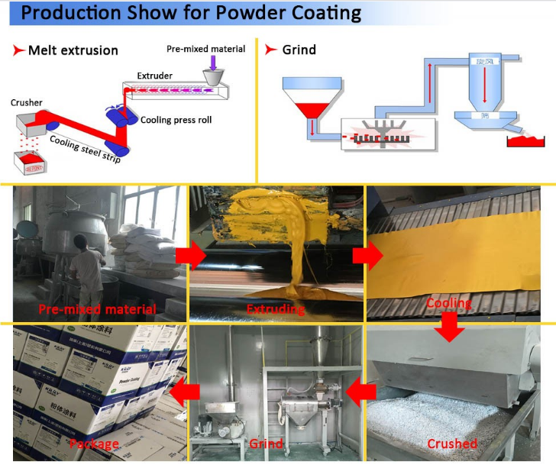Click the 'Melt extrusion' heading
pos(73,50)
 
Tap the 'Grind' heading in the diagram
pos(299,50)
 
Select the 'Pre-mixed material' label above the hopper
pos(206,49)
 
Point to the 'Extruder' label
pos(154,76)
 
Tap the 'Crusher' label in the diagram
pos(27,103)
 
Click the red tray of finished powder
pos(527,140)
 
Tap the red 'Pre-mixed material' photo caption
pos(98,309)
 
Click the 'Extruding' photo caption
pos(276,309)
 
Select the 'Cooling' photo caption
pos(448,303)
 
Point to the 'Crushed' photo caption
pos(452,444)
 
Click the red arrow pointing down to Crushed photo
pos(451,328)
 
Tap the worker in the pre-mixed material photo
pos(87,263)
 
